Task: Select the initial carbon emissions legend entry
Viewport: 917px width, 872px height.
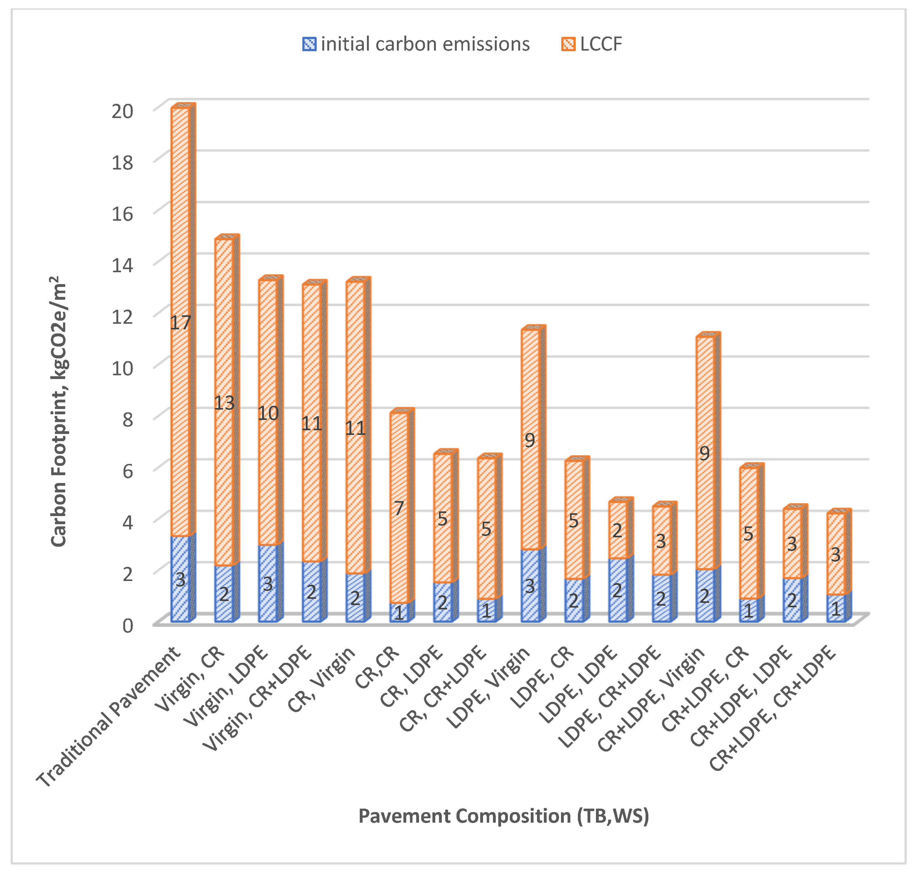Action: pos(416,44)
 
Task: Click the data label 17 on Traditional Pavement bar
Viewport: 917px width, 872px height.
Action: pos(180,323)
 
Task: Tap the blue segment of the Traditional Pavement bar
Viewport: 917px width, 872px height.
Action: pos(180,579)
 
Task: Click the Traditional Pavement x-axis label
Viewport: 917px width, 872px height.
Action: pos(110,716)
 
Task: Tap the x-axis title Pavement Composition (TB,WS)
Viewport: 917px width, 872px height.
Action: pos(504,816)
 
